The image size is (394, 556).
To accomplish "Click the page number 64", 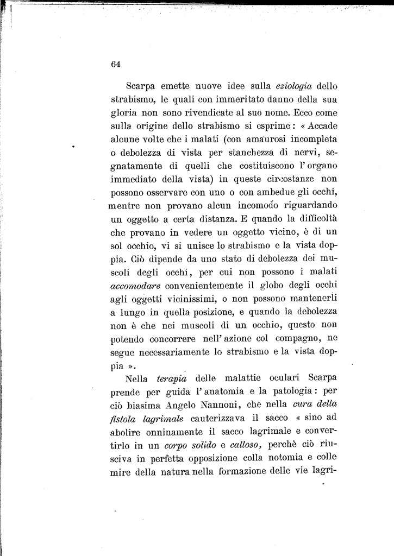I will coord(115,64).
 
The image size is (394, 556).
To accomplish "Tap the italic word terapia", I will coord(171,378).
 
